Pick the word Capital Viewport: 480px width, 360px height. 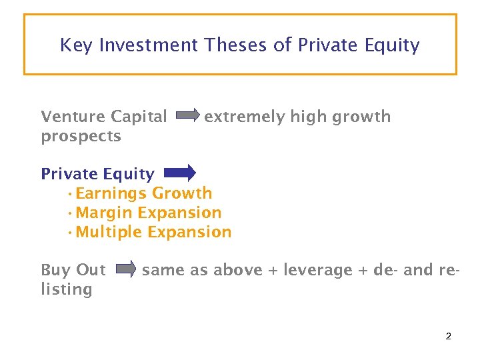139,117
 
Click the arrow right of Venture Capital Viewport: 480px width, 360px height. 187,117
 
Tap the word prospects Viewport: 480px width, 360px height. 81,137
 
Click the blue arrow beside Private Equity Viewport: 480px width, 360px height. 179,173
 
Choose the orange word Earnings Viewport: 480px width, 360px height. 111,194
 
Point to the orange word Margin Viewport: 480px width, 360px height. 104,213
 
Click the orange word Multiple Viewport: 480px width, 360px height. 109,232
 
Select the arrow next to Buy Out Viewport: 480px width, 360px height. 126,269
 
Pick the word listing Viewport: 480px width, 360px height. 66,289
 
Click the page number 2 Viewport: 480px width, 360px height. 448,336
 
